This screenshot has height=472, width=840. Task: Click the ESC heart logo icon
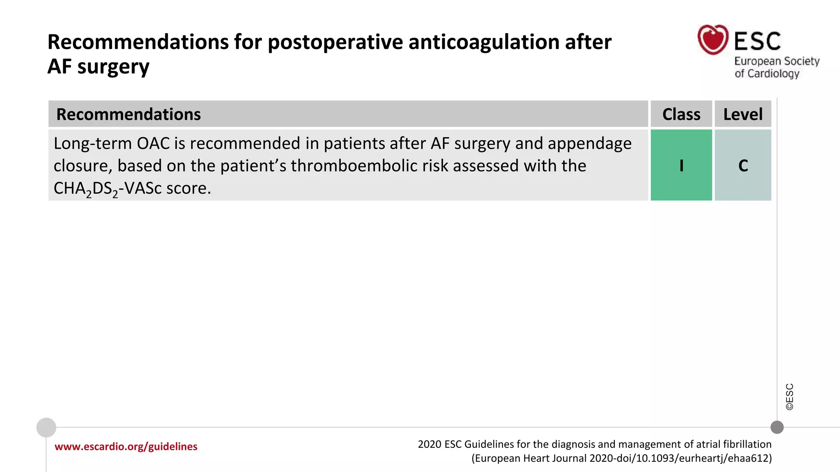[x=713, y=39]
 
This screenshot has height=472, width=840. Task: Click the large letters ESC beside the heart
[x=757, y=41]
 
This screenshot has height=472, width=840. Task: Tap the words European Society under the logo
[x=776, y=61]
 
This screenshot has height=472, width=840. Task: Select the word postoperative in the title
[x=335, y=42]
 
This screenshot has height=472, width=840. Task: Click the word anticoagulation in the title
[x=484, y=42]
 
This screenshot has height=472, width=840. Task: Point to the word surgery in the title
[x=113, y=67]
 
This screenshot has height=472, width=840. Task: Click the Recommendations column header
[x=128, y=114]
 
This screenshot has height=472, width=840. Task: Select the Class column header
[x=681, y=114]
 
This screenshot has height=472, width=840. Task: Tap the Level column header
[x=743, y=114]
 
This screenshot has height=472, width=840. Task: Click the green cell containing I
[x=681, y=166]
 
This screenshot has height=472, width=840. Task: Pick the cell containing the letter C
[x=743, y=166]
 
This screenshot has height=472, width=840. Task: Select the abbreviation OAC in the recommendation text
[x=153, y=144]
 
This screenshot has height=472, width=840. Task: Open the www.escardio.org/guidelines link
[x=126, y=447]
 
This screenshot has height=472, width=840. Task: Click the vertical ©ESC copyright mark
[x=790, y=397]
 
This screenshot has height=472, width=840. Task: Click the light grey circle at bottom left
[x=46, y=427]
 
